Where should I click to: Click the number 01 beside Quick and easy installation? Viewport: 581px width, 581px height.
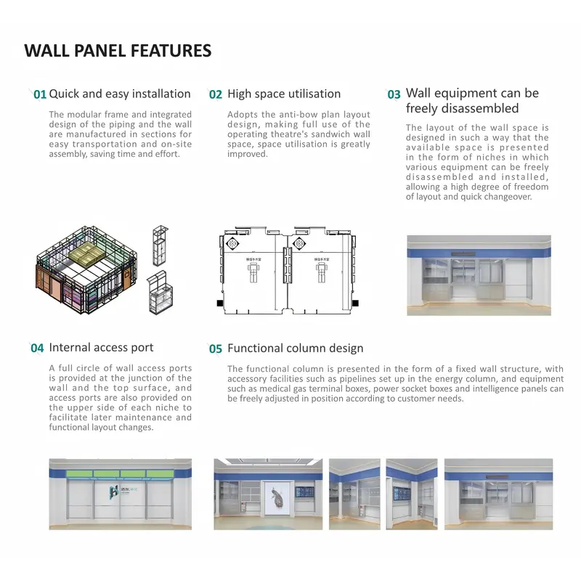(x=40, y=94)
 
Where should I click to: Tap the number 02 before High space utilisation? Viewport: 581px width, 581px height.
(x=216, y=94)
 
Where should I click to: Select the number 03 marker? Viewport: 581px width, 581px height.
(x=394, y=94)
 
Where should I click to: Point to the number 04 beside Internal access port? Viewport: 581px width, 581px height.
(x=37, y=349)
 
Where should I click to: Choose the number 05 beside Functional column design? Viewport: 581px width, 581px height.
(x=216, y=349)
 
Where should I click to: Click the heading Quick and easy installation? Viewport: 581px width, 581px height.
(x=120, y=94)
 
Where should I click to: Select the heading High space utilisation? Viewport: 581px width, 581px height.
(x=284, y=94)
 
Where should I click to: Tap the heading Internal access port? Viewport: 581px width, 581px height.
(x=101, y=348)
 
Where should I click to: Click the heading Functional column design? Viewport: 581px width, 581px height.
(x=296, y=349)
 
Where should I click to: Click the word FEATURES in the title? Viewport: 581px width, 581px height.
(x=171, y=51)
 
